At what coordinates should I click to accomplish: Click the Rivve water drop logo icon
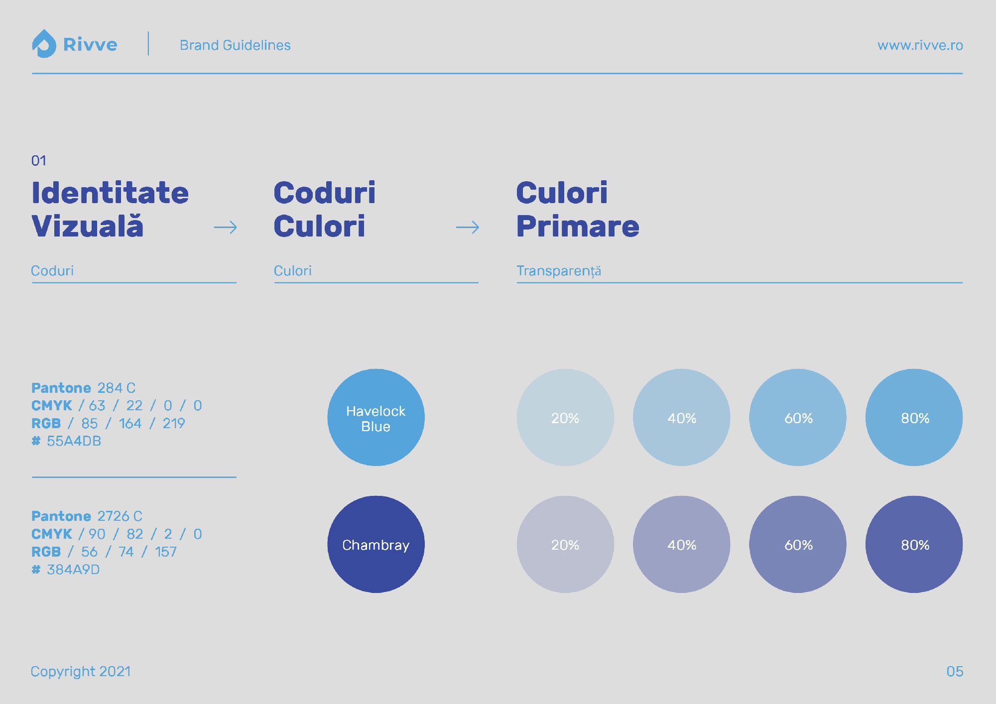pyautogui.click(x=44, y=44)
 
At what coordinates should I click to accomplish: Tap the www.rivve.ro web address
pyautogui.click(x=920, y=45)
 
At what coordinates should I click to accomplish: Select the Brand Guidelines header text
pyautogui.click(x=235, y=45)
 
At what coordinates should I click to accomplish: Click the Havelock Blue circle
pyautogui.click(x=376, y=417)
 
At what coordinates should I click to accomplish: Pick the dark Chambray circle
pyautogui.click(x=376, y=544)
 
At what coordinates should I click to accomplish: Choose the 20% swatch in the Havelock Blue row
pyautogui.click(x=565, y=417)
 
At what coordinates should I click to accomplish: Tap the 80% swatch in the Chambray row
pyautogui.click(x=914, y=544)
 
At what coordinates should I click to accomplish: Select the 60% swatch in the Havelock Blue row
pyautogui.click(x=798, y=417)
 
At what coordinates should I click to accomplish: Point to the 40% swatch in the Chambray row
pyautogui.click(x=682, y=544)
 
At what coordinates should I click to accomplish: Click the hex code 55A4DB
pyautogui.click(x=74, y=441)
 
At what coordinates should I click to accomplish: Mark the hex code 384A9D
pyautogui.click(x=73, y=570)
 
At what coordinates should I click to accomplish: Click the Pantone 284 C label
pyautogui.click(x=83, y=388)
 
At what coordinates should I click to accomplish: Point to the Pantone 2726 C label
pyautogui.click(x=87, y=516)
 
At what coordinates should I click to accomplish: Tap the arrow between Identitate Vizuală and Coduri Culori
pyautogui.click(x=226, y=228)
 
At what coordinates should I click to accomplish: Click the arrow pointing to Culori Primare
pyautogui.click(x=468, y=228)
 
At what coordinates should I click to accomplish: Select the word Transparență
pyautogui.click(x=559, y=271)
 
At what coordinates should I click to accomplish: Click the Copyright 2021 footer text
pyautogui.click(x=81, y=672)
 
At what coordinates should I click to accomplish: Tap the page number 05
pyautogui.click(x=955, y=672)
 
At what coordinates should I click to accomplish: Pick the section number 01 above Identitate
pyautogui.click(x=39, y=161)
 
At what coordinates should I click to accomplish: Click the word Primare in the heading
pyautogui.click(x=578, y=227)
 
